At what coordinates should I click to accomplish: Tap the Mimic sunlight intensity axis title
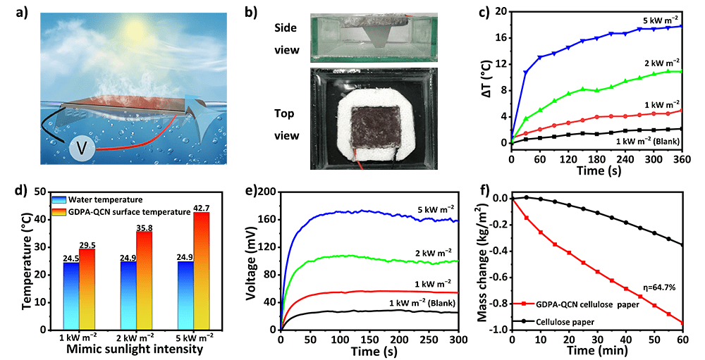(125, 348)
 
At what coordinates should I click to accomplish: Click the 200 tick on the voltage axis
(267, 192)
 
